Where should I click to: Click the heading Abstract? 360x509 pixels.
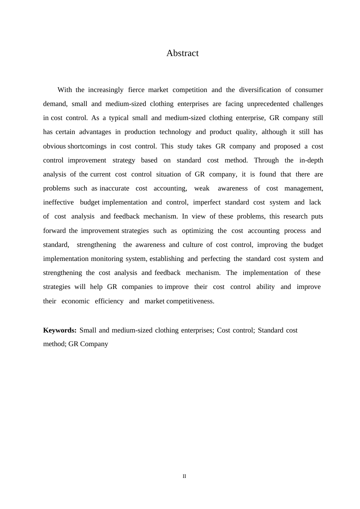pos(182,53)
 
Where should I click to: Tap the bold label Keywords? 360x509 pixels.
pos(60,330)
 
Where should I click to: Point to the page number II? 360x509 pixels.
pos(184,476)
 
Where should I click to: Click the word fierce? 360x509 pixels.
pos(136,90)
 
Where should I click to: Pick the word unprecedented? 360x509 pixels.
pos(268,104)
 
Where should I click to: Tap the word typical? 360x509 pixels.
pos(119,118)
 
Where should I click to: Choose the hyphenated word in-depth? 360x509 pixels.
pos(311,161)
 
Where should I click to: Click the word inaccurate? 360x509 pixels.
pos(114,189)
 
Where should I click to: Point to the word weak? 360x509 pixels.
pos(202,189)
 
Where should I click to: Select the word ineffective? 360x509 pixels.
pos(58,203)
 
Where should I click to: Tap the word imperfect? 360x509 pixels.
pos(207,203)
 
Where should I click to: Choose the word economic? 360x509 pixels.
pos(75,301)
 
